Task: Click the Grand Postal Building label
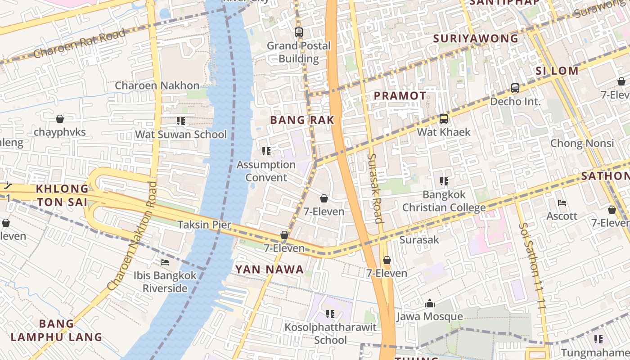(298, 52)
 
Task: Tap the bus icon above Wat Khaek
(444, 119)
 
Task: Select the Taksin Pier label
(204, 225)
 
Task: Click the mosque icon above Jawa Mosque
(429, 303)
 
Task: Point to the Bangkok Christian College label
(444, 201)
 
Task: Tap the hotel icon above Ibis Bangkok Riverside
(165, 262)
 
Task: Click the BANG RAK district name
(302, 120)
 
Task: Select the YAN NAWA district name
(270, 270)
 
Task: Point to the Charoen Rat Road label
(80, 44)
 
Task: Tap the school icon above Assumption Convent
(266, 151)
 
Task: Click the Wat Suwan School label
(181, 135)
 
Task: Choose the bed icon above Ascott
(562, 203)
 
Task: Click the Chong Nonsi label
(582, 144)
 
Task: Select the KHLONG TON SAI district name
(62, 195)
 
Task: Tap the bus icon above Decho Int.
(515, 88)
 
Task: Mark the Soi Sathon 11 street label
(533, 265)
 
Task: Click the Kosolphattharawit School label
(330, 333)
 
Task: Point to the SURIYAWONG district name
(476, 39)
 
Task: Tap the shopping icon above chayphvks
(59, 119)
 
